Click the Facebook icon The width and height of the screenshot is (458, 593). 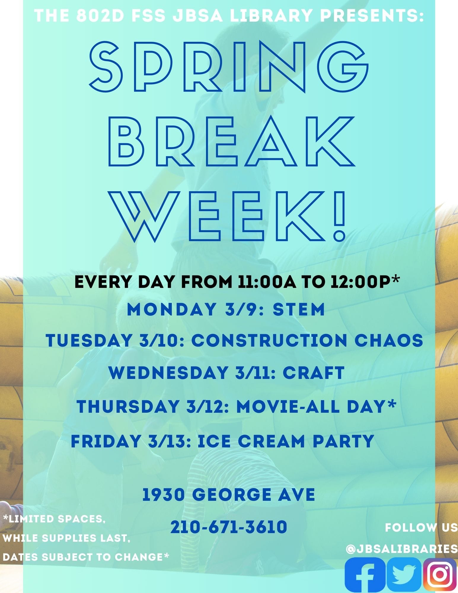(365, 575)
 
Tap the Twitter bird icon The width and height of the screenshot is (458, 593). (404, 575)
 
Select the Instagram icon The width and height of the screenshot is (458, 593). (440, 575)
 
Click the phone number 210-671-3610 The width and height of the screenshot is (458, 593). (229, 527)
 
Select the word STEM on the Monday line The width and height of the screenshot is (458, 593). (299, 309)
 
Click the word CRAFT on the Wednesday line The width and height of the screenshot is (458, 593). (313, 373)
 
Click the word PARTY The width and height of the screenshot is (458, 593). (343, 441)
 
